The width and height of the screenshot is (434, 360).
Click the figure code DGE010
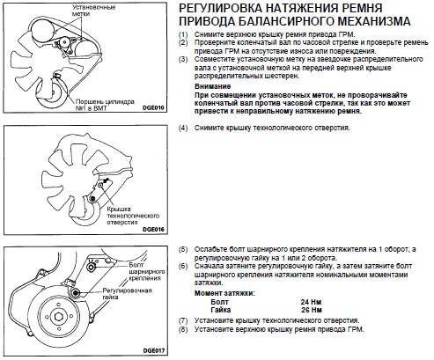(x=153, y=107)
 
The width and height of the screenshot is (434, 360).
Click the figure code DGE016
(x=153, y=230)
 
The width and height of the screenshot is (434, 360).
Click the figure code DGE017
(x=154, y=351)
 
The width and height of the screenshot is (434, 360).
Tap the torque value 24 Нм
(x=311, y=302)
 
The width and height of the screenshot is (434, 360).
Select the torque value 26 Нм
(x=312, y=310)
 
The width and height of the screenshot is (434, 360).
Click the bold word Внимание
(x=213, y=86)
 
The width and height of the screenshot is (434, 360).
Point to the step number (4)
(x=183, y=129)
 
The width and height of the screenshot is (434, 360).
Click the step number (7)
(x=183, y=320)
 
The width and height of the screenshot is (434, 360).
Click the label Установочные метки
(x=93, y=11)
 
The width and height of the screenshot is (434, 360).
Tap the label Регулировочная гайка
(x=127, y=294)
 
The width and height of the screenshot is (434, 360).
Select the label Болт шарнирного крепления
(x=147, y=272)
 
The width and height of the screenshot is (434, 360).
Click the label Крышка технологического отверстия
(x=133, y=216)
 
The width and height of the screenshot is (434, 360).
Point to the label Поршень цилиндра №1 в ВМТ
(x=105, y=105)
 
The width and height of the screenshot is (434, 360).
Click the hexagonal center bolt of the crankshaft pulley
(x=58, y=317)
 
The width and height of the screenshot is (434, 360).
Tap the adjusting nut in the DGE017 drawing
(x=76, y=292)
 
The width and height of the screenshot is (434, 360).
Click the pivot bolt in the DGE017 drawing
(x=91, y=267)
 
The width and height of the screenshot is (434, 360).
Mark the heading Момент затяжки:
(x=224, y=293)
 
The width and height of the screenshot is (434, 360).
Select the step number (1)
(x=183, y=34)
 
